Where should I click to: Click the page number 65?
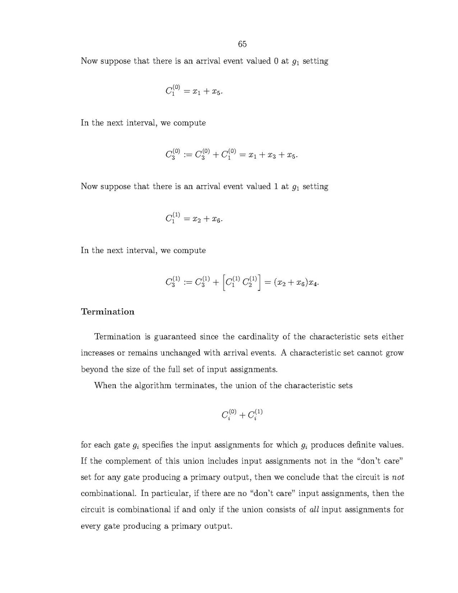242,44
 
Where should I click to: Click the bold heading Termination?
107,311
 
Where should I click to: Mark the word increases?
98,353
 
